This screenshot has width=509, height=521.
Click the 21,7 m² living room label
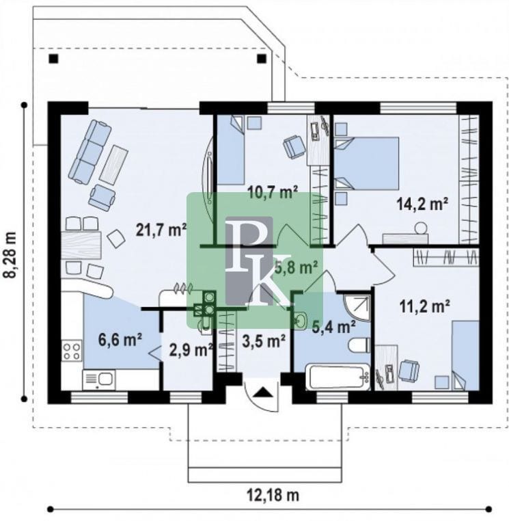click(161, 230)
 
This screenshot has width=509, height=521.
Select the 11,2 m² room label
click(424, 306)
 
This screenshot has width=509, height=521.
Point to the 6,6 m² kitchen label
click(120, 339)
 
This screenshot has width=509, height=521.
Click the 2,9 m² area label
click(191, 350)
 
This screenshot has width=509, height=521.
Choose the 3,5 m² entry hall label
click(264, 340)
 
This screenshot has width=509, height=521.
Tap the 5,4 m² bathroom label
click(334, 327)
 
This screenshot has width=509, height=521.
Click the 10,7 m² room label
click(273, 192)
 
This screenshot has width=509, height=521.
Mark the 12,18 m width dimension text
click(273, 495)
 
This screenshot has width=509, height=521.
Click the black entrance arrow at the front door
click(263, 392)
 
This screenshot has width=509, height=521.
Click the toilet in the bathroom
click(359, 345)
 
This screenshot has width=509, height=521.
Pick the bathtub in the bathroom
click(338, 377)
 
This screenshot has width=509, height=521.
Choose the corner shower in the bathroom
click(356, 307)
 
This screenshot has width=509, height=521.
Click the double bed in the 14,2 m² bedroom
click(366, 163)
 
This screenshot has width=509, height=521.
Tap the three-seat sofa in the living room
click(90, 152)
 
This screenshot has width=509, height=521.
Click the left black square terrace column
click(53, 59)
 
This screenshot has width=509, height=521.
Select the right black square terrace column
click(262, 59)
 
